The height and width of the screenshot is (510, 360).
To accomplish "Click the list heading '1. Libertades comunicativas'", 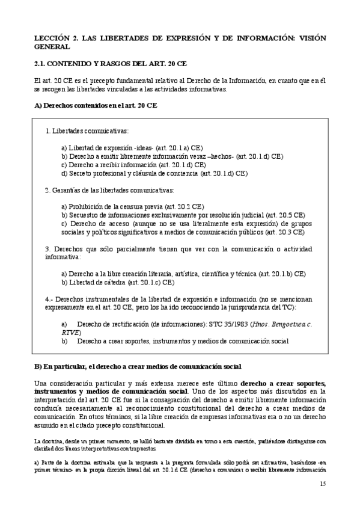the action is pos(87,131).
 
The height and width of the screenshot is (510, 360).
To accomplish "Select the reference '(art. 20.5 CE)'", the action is pos(284,215).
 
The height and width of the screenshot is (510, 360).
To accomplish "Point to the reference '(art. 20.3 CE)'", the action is pos(284,231).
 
